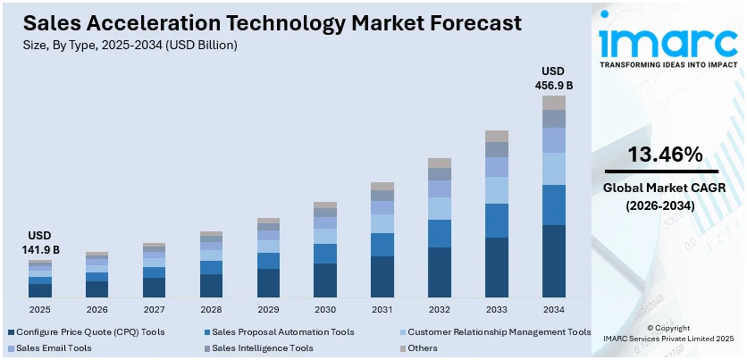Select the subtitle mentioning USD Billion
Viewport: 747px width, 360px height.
[x=131, y=45]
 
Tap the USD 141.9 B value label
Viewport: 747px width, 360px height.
[x=38, y=243]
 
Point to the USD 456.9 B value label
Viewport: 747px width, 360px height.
[x=554, y=78]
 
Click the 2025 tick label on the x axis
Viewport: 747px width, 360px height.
[x=39, y=309]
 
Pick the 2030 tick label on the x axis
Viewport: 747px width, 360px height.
[x=325, y=309]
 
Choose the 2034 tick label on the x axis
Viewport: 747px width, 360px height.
[x=554, y=309]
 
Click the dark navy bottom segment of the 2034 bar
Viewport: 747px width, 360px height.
[x=554, y=261]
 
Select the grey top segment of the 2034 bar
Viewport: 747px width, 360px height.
[x=554, y=103]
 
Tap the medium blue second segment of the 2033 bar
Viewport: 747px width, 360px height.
[x=497, y=221]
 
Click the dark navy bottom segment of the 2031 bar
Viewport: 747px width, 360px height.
[x=382, y=277]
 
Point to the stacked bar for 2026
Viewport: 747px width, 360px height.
[x=97, y=274]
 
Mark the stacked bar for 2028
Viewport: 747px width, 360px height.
[x=211, y=264]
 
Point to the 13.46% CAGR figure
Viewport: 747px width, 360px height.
[x=662, y=155]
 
